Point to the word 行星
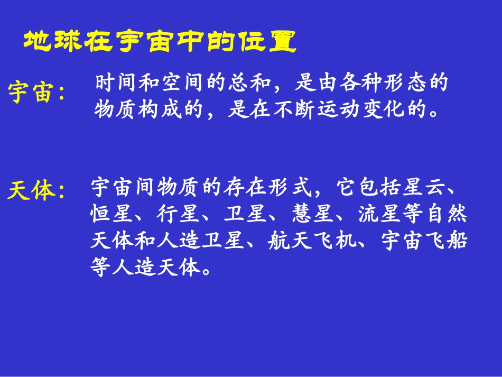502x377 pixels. pyautogui.click(x=180, y=214)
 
